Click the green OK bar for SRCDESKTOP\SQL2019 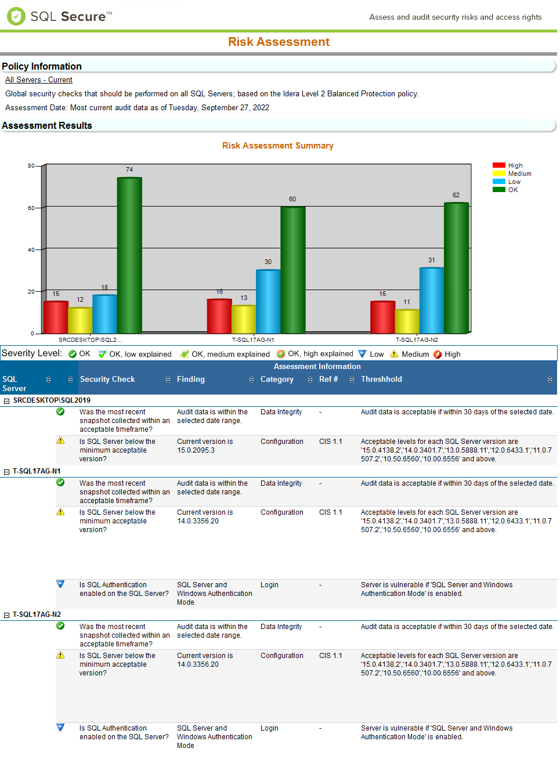point(129,255)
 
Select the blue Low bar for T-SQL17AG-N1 point(268,301)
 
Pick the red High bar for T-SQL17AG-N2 point(382,317)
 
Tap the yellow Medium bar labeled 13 point(244,319)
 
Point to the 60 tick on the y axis point(31,208)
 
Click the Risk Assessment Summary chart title point(277,146)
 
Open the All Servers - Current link point(39,80)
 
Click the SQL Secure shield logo point(16,16)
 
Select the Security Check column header point(107,379)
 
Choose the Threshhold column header point(381,379)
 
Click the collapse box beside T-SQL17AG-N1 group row point(7,472)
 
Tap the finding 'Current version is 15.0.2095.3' point(205,446)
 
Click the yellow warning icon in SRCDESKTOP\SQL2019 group point(60,441)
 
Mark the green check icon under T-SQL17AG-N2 point(60,626)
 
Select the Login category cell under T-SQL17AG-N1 point(269,585)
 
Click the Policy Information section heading point(42,66)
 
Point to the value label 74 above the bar point(129,169)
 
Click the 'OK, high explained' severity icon point(281,354)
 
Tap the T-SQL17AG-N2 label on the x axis point(417,340)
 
